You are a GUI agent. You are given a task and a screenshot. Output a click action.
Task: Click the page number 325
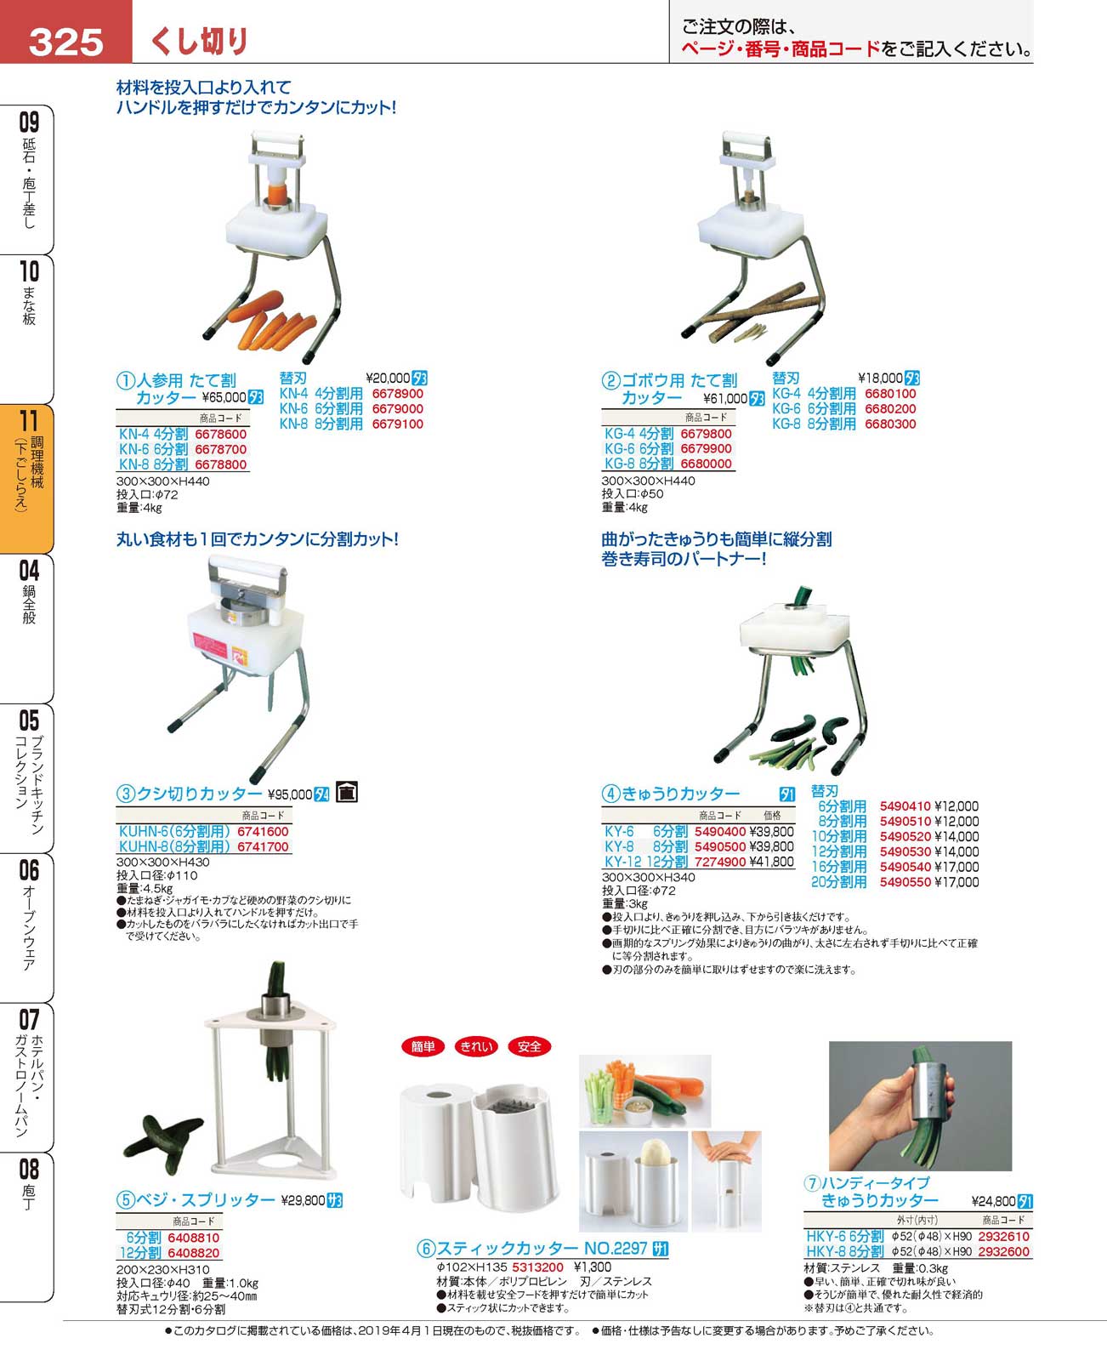click(65, 43)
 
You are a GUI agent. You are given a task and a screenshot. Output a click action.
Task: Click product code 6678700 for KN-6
click(220, 449)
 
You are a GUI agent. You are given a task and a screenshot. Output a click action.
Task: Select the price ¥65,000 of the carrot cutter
click(224, 397)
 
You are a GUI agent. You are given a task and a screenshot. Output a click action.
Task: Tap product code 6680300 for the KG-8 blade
click(890, 424)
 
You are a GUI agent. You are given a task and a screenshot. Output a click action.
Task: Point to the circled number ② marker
click(610, 380)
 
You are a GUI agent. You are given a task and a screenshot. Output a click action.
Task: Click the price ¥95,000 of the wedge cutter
click(290, 794)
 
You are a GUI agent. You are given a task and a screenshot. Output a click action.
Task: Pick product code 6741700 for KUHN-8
click(263, 846)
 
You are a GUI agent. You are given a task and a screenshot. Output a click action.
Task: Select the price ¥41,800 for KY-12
click(772, 862)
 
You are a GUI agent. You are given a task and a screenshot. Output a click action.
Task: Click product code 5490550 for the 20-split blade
click(905, 882)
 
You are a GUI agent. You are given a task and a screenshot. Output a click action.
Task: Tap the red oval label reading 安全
click(529, 1046)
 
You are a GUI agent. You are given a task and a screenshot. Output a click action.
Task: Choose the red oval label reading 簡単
click(423, 1046)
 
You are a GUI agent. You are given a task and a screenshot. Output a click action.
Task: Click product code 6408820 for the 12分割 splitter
click(193, 1252)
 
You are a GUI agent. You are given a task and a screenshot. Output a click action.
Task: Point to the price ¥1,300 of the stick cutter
click(592, 1267)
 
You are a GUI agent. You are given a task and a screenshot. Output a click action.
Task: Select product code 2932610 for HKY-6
click(1003, 1236)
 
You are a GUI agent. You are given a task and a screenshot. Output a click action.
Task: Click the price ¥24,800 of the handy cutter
click(993, 1201)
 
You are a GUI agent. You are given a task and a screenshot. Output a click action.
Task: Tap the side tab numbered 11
click(27, 478)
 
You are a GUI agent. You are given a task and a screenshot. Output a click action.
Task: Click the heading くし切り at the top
click(199, 41)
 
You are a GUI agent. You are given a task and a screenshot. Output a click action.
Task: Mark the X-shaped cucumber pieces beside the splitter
click(162, 1142)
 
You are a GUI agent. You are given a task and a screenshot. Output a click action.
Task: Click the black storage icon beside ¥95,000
click(347, 792)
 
